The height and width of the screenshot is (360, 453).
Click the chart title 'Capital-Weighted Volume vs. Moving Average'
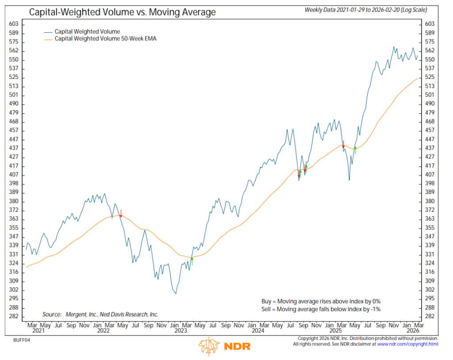(x=122, y=12)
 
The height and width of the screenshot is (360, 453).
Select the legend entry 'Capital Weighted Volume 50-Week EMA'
(x=105, y=39)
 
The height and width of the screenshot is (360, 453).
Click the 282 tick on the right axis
(x=430, y=317)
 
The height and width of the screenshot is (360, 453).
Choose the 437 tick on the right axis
(x=430, y=148)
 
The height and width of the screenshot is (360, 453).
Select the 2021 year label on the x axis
(x=38, y=330)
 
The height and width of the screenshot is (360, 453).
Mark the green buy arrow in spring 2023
(x=192, y=261)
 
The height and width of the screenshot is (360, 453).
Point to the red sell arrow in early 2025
(x=343, y=143)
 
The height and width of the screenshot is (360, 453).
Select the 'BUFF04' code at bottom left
(x=21, y=340)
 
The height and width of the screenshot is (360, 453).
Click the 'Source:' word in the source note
(x=52, y=314)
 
